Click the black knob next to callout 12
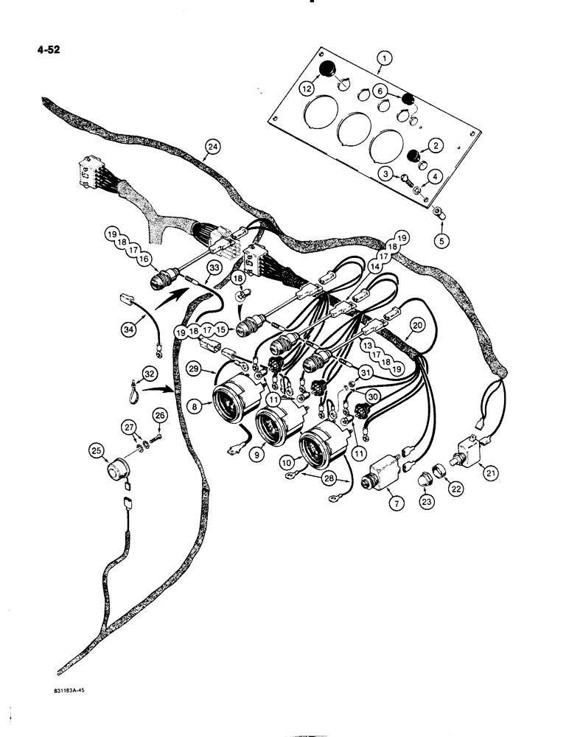[x=327, y=71]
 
